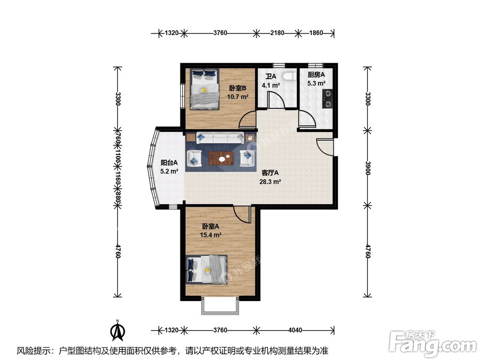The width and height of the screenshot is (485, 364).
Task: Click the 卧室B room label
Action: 238,88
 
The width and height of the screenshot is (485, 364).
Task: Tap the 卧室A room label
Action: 210,227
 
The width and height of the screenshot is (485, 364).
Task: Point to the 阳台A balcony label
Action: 169,163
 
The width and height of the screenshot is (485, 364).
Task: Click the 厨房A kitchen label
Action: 316,75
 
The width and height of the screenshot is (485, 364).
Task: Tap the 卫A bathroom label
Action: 271,76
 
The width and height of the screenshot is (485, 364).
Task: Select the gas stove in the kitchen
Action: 327,99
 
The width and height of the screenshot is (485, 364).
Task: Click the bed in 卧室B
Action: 204,89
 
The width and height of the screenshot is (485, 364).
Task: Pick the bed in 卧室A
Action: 207,269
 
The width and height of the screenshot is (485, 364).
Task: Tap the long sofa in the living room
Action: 220,138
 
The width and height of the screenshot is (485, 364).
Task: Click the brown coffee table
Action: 221,159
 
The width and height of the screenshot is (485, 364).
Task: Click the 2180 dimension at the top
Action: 277,33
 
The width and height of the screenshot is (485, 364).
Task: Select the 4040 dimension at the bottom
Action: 295,330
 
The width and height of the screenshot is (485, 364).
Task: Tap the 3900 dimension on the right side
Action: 368,168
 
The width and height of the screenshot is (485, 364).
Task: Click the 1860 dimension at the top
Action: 316,33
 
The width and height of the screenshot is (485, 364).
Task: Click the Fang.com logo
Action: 433,344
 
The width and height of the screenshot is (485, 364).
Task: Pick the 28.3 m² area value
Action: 270,182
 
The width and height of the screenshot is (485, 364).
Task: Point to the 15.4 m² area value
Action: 210,235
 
